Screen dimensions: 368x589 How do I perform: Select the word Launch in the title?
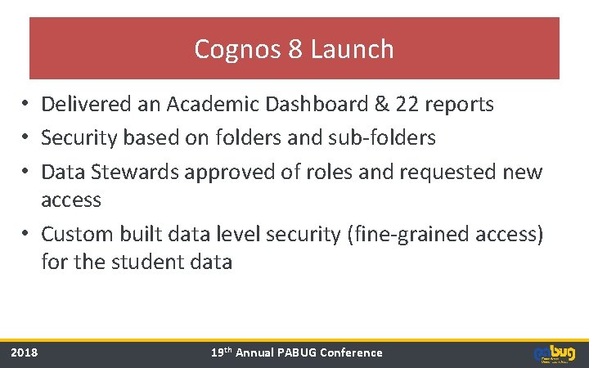[353, 50]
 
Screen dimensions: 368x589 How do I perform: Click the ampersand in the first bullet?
[382, 105]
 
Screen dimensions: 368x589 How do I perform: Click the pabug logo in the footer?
[554, 352]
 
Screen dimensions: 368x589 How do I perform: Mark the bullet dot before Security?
[27, 138]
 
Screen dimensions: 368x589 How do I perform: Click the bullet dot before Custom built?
[27, 234]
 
